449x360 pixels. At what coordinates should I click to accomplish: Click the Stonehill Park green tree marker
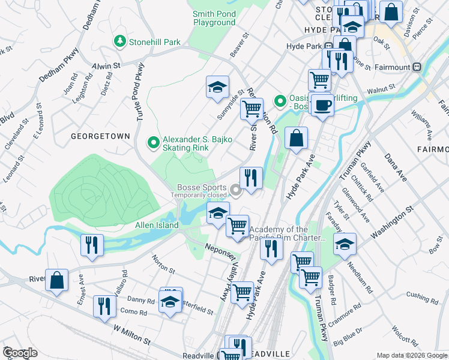(120, 41)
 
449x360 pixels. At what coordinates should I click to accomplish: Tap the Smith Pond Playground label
(214, 18)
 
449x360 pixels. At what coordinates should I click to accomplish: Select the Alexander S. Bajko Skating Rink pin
(154, 142)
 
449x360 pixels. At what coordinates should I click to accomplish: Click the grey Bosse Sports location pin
(236, 191)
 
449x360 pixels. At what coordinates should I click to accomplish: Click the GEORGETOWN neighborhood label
(100, 136)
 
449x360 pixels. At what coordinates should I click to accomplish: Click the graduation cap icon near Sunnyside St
(218, 88)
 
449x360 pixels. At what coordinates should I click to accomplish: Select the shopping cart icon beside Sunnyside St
(252, 110)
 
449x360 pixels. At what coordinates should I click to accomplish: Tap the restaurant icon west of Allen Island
(92, 244)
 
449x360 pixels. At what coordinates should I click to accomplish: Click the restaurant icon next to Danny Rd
(105, 306)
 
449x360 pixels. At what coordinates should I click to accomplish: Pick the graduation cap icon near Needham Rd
(345, 244)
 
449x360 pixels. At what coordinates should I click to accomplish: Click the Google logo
(20, 353)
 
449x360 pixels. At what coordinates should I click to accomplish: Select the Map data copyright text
(411, 355)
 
